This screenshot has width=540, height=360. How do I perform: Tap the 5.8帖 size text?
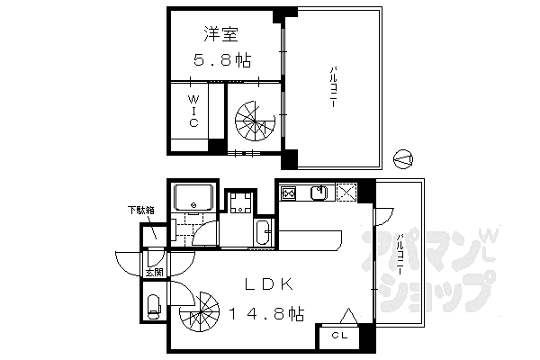[221, 61]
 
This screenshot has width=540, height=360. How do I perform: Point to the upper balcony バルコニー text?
[332, 91]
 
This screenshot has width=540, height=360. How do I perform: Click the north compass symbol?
[405, 158]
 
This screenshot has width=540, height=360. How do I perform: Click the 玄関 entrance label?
[153, 271]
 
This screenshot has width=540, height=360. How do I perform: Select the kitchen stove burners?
[290, 193]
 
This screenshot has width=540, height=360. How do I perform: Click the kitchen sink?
[318, 193]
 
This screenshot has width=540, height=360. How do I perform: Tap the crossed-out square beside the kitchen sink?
[347, 193]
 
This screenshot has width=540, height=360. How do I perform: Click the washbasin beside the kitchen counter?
[263, 232]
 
